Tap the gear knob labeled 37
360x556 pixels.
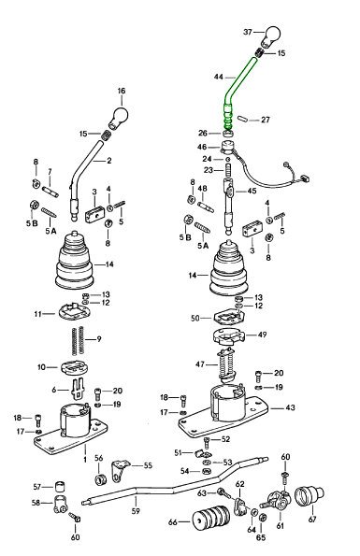271,36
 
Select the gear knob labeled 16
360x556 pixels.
119,117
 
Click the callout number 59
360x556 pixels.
136,510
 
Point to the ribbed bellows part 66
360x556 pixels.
211,521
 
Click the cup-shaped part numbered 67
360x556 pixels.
310,495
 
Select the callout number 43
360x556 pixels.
290,407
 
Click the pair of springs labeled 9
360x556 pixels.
78,340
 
